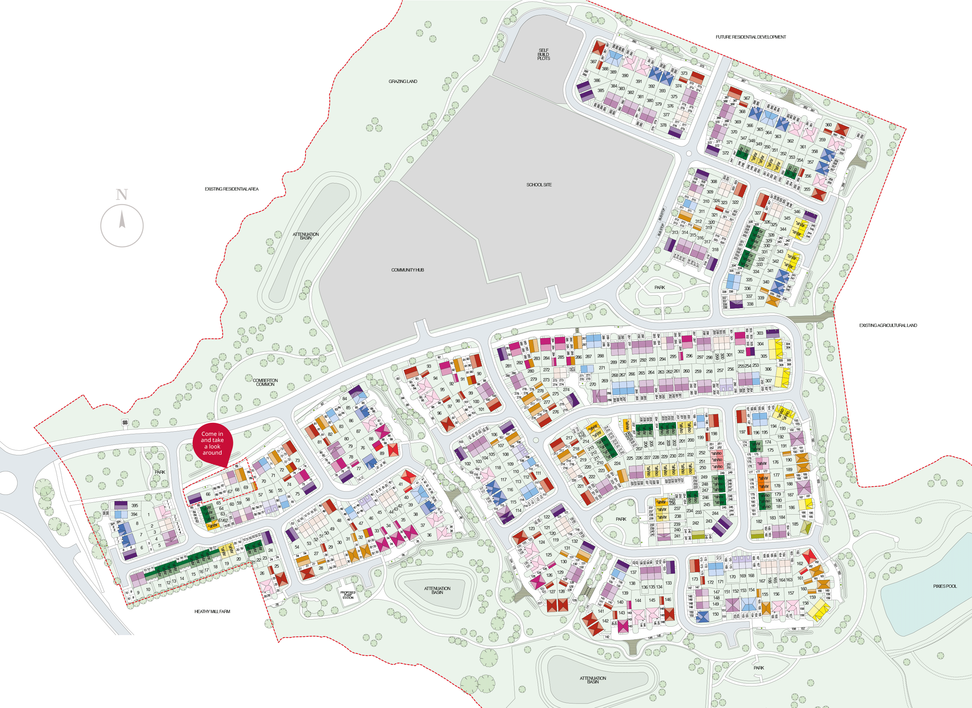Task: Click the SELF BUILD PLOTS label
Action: (543, 54)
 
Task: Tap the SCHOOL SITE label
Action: (539, 185)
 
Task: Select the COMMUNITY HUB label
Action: (407, 270)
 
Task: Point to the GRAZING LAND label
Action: (402, 81)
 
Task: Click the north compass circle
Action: (122, 226)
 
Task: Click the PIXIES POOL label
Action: (944, 586)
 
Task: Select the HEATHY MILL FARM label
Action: (212, 611)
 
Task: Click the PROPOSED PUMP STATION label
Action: (348, 595)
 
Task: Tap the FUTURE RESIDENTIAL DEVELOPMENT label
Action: (750, 37)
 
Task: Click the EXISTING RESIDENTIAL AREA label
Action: (231, 189)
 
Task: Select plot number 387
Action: (593, 62)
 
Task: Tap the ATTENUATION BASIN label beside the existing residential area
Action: (306, 236)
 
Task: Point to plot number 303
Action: (759, 333)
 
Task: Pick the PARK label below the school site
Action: (660, 287)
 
